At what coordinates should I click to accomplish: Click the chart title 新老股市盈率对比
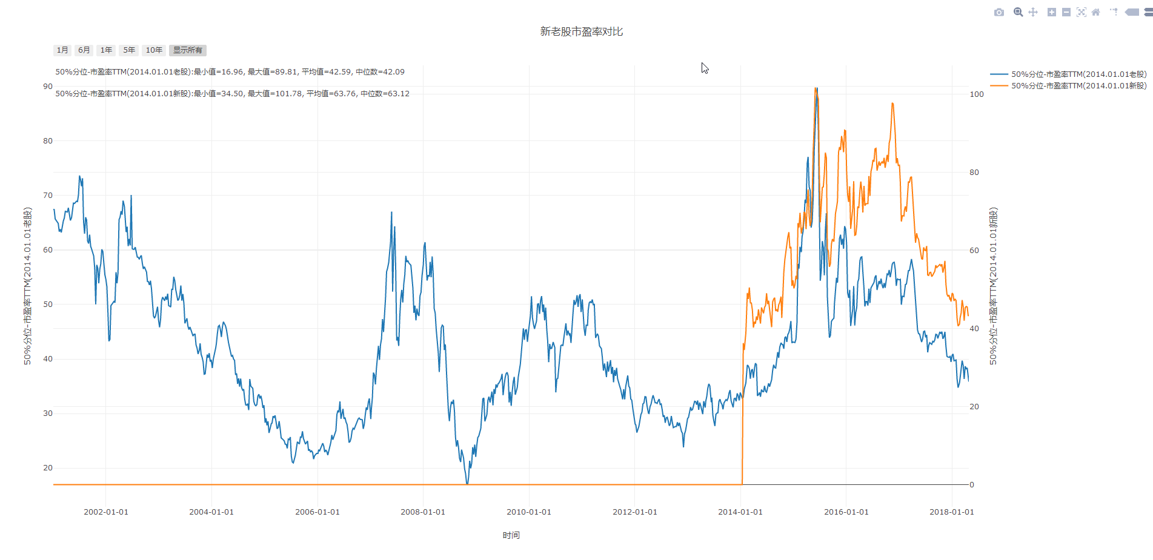581,31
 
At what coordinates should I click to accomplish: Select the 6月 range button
84,50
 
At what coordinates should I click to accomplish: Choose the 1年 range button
106,50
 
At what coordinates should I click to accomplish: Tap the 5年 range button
129,50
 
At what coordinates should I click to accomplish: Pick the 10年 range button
154,50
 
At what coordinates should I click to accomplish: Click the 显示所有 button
188,50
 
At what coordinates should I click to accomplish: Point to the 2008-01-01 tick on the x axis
423,512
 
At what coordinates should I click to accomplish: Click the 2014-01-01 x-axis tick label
740,512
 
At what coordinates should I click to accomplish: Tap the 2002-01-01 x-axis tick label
106,512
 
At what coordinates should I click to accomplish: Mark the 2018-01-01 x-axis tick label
952,512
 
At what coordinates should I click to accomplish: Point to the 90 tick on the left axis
48,87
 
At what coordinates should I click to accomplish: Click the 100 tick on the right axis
977,94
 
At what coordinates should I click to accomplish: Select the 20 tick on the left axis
48,468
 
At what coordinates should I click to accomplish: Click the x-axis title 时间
511,535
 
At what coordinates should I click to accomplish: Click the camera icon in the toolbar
999,12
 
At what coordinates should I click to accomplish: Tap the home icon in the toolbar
1095,12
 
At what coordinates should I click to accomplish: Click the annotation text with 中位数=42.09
230,72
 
